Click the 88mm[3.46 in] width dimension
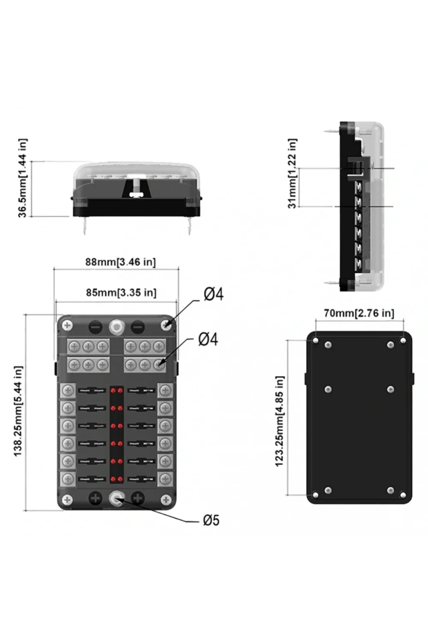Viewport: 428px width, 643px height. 120,262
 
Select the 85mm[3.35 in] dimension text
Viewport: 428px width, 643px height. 121,292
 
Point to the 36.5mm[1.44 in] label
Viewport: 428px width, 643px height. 23,178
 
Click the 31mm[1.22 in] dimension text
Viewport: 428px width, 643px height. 292,173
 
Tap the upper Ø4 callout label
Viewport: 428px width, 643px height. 214,295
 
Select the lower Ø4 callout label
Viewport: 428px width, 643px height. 208,340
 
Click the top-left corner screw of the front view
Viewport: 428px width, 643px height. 67,325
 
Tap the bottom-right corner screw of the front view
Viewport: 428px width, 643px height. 166,500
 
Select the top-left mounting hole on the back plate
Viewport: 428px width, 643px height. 315,340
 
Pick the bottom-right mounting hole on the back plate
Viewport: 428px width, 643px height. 403,495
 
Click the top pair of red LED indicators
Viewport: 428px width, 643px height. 116,391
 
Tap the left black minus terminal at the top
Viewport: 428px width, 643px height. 95,327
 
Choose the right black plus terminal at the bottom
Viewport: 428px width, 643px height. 138,499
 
